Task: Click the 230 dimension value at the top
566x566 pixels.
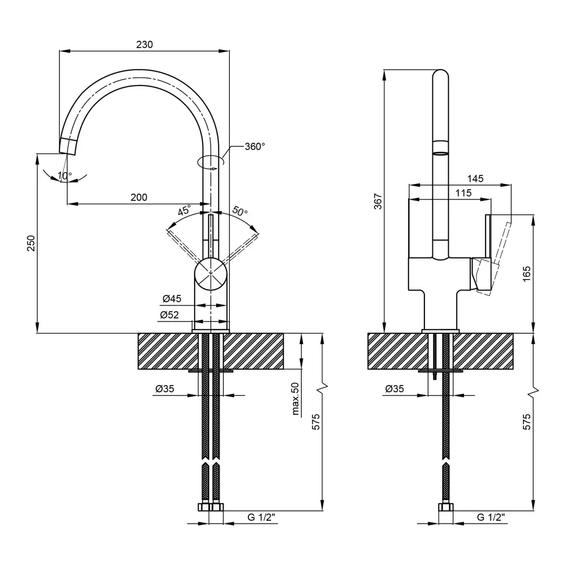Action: click(145, 45)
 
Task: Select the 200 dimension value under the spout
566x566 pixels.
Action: click(139, 197)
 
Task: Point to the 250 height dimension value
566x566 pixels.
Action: click(32, 243)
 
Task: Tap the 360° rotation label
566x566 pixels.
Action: click(255, 147)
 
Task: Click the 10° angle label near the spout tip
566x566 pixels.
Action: click(65, 175)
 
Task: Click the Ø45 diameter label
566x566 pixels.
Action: click(172, 299)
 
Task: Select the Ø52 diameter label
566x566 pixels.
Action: click(172, 315)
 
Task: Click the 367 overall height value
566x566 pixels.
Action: click(379, 201)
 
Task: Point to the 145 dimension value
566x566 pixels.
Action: click(475, 178)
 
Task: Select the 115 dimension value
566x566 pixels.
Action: click(463, 193)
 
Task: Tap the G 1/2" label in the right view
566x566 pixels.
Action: click(490, 517)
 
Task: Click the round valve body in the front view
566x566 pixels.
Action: click(211, 273)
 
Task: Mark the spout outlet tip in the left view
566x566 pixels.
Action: click(67, 145)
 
